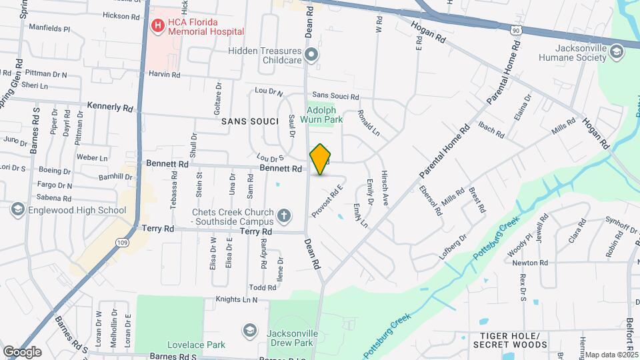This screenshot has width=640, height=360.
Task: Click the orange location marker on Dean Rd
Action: point(321,159)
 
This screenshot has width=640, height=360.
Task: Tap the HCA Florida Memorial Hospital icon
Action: point(158,26)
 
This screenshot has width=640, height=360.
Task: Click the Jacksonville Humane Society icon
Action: point(617,51)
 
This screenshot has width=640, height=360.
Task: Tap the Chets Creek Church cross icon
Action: point(284,215)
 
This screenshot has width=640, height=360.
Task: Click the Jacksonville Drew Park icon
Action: point(250,331)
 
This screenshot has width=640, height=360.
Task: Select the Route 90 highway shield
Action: point(516,30)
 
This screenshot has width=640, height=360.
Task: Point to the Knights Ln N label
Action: point(237,300)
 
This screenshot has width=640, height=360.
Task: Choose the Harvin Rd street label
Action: point(164,75)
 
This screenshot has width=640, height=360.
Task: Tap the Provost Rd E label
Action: point(330,199)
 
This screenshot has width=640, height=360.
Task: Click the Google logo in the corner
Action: point(22,352)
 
